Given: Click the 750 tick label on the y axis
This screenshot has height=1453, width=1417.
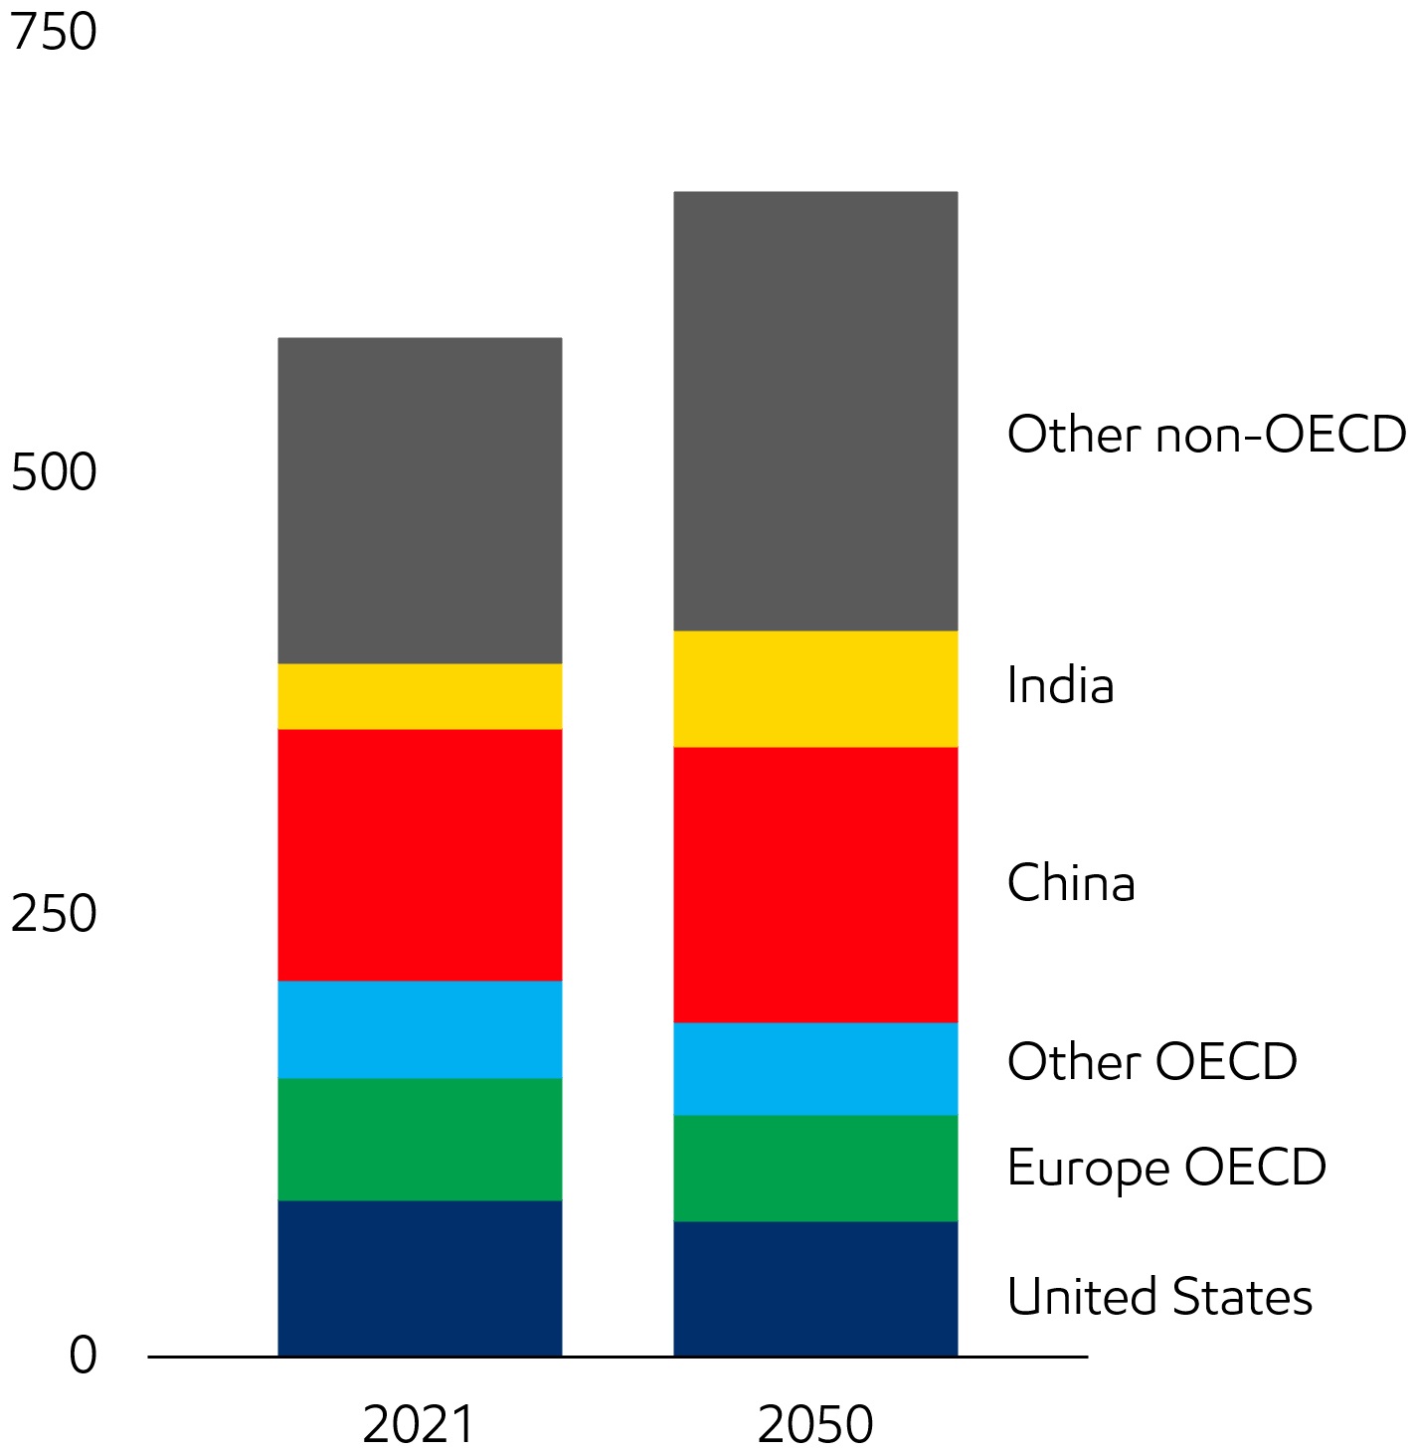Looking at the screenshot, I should click(x=54, y=32).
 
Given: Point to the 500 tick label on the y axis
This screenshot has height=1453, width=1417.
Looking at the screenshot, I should click(x=54, y=472).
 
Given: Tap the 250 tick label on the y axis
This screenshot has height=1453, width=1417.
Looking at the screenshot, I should click(x=54, y=914).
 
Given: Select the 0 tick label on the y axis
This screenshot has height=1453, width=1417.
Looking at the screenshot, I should click(x=84, y=1355).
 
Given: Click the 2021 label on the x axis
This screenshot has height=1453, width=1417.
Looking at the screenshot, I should click(x=419, y=1424).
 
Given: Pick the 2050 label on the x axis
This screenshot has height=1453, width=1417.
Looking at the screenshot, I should click(x=815, y=1424).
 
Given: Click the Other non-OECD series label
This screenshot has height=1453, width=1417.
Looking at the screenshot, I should click(x=1206, y=435).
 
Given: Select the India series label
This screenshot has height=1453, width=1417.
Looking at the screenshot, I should click(x=1060, y=685).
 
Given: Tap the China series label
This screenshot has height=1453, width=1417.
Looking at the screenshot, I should click(x=1071, y=883).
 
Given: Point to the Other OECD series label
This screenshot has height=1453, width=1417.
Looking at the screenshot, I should click(x=1151, y=1061).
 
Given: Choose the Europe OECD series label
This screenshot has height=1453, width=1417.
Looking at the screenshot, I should click(x=1166, y=1168).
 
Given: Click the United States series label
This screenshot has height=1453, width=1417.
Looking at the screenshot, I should click(x=1159, y=1297).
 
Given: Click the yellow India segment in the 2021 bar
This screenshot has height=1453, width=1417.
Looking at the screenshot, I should click(x=420, y=696).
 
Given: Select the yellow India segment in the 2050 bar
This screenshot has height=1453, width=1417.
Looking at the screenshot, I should click(x=815, y=688).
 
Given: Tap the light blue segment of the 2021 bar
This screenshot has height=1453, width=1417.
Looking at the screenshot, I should click(x=420, y=1029).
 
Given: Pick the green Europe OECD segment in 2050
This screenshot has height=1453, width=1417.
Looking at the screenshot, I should click(x=815, y=1168).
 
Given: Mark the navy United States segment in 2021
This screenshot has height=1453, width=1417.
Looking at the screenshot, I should click(x=420, y=1278).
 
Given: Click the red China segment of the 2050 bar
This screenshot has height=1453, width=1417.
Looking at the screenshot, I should click(x=815, y=884).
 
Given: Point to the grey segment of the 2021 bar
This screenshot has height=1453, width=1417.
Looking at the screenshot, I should click(x=420, y=500).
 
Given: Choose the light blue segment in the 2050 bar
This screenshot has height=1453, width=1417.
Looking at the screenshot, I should click(x=815, y=1068).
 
